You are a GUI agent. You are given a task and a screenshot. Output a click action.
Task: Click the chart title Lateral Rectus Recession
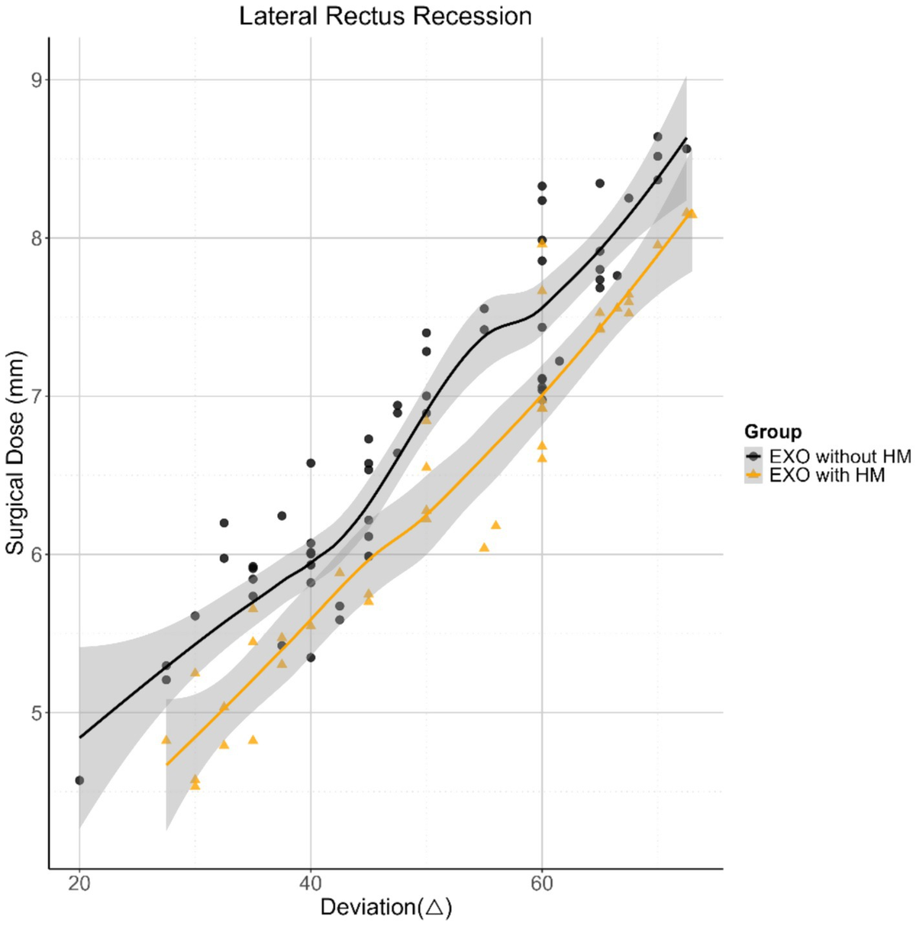(385, 16)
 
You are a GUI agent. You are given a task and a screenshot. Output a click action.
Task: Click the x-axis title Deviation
(385, 907)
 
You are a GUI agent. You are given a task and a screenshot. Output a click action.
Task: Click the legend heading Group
(772, 432)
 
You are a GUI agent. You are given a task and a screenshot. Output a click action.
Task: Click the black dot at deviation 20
(79, 780)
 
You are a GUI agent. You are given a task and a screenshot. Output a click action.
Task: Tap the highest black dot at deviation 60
(542, 186)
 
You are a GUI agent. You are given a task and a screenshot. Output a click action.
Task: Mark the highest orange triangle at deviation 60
(542, 242)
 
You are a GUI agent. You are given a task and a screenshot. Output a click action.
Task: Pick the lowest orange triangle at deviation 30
(195, 785)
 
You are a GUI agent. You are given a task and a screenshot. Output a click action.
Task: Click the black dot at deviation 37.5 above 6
(282, 516)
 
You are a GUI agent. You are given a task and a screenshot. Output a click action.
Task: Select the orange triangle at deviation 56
(495, 524)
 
